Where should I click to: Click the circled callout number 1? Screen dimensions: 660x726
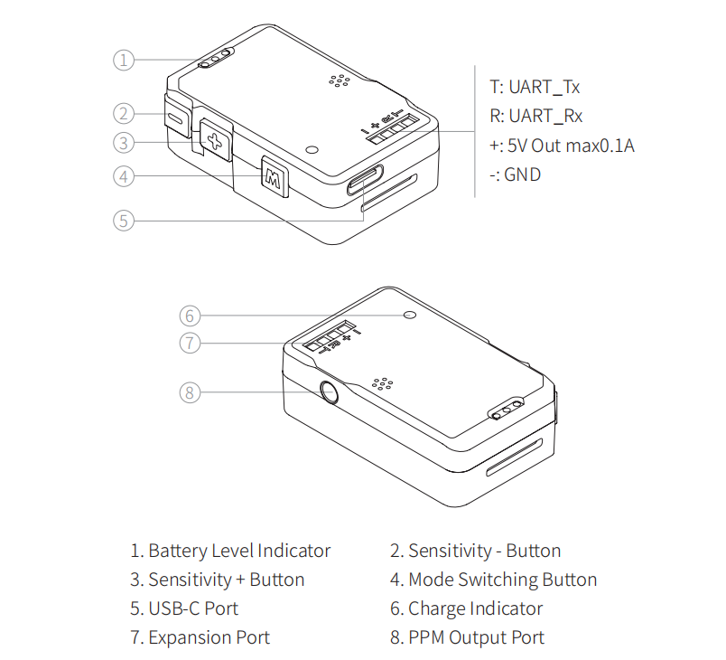coord(124,61)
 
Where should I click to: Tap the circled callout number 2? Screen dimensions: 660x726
coord(124,114)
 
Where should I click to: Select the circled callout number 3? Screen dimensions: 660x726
coord(124,142)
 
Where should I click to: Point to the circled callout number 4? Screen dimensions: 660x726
coord(124,176)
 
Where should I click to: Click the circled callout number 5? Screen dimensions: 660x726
coord(124,220)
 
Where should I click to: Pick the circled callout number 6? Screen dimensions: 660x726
coord(189,316)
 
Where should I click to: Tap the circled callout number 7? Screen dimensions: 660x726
coord(189,344)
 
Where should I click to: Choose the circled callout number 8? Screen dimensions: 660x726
coord(189,392)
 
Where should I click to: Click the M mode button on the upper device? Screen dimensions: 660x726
coord(273,176)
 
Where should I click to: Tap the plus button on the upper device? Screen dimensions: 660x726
coord(214,140)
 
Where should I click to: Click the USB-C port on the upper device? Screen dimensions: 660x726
coord(365,184)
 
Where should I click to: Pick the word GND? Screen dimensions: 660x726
coord(523,174)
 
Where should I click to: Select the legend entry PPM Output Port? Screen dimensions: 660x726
coord(476,637)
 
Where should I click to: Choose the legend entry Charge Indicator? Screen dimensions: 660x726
coord(475,608)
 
